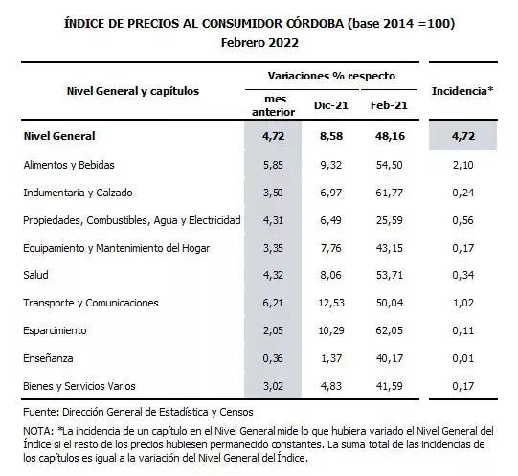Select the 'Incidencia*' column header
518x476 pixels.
point(462,91)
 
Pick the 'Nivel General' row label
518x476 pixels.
point(60,137)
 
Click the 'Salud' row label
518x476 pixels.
point(35,275)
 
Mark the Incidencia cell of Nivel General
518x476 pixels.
point(462,137)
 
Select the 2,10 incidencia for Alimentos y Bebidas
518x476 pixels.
point(462,165)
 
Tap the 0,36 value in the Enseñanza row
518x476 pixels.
point(273,357)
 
